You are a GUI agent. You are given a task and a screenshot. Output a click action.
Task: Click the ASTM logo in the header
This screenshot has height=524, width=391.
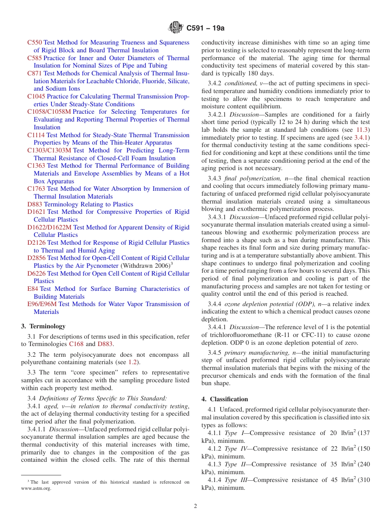point(176,28)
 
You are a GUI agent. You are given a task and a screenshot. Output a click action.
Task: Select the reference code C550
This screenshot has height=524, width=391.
point(35,42)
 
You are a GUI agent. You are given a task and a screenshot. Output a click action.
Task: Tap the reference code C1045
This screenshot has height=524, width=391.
point(36,96)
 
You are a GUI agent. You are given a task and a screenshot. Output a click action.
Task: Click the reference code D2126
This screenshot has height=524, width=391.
point(37,243)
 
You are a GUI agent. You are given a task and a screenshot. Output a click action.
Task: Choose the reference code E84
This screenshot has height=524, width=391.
point(33,289)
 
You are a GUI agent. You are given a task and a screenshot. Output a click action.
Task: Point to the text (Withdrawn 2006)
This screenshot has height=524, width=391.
point(145,266)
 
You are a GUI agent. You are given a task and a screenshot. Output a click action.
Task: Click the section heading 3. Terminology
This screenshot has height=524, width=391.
point(43,326)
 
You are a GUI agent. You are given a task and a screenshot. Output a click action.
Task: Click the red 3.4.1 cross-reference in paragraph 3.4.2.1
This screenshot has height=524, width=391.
point(362,138)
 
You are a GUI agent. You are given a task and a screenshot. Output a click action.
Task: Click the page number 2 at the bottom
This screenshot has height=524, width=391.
point(195,506)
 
